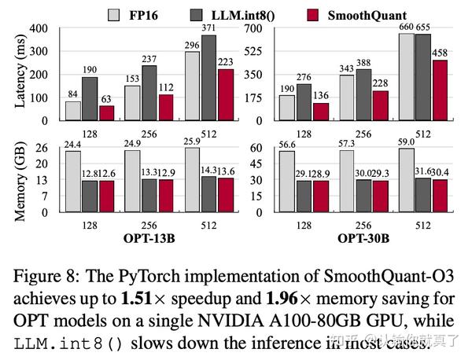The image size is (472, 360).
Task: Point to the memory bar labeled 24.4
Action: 72,182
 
